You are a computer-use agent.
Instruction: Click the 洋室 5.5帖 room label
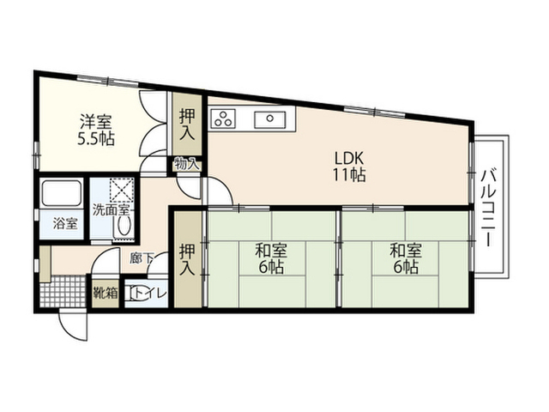[96, 130]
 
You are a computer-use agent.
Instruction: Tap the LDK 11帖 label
[349, 167]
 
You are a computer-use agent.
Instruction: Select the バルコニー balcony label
[488, 208]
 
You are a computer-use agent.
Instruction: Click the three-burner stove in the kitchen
[223, 118]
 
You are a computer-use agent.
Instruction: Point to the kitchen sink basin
[269, 119]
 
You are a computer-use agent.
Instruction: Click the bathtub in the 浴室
[61, 194]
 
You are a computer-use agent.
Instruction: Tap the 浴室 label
[65, 223]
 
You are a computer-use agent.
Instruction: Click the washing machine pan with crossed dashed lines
[122, 190]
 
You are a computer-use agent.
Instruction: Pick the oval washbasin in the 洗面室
[124, 226]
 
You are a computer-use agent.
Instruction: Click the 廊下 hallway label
[142, 258]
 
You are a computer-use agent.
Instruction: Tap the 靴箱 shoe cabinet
[106, 293]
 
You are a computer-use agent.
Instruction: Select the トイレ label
[151, 293]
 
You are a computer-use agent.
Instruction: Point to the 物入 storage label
[187, 164]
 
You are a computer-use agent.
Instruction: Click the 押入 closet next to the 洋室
[187, 124]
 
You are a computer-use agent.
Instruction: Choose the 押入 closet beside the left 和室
[189, 259]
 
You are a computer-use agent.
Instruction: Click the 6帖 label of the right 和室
[406, 267]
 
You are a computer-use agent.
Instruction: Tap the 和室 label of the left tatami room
[271, 250]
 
